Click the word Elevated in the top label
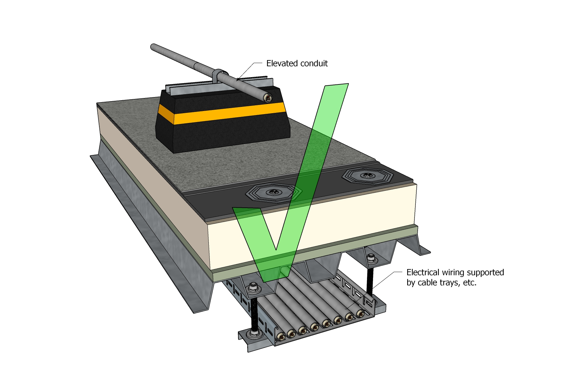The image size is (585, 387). [x=280, y=64]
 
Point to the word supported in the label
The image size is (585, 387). [x=485, y=273]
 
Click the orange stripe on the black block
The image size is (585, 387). [x=221, y=113]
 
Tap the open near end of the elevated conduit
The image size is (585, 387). [x=268, y=98]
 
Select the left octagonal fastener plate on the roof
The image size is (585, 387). [x=273, y=192]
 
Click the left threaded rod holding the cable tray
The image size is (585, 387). [x=254, y=311]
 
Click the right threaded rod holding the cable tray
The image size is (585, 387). [x=370, y=278]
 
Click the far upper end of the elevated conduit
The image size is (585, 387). [x=153, y=47]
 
